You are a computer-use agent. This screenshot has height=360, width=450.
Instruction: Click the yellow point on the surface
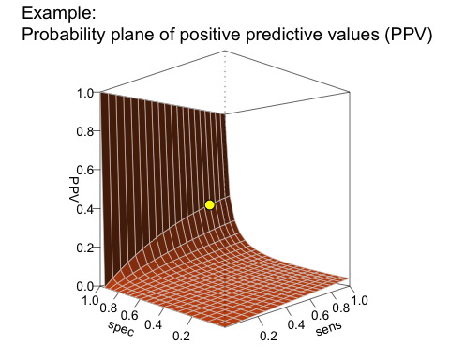tap(210, 204)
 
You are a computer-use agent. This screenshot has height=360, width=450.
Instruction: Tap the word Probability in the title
tap(59, 37)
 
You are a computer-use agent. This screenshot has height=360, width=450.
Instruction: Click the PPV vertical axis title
tap(71, 190)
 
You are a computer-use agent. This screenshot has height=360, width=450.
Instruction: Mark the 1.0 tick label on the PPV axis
tap(85, 94)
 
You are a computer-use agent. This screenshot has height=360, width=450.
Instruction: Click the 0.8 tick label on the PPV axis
tap(85, 132)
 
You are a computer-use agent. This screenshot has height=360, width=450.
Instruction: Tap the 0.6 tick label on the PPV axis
tap(85, 171)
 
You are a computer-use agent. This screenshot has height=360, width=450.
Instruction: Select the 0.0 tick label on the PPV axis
tap(85, 286)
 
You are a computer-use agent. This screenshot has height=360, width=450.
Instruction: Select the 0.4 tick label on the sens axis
tap(297, 322)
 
